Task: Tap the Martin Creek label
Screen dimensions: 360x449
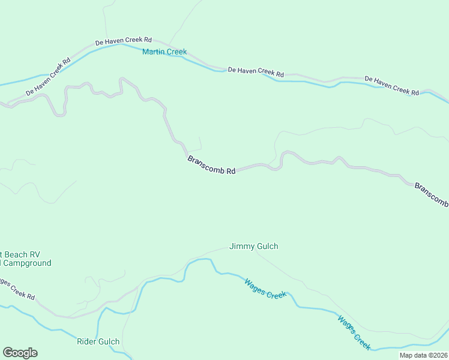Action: (164, 52)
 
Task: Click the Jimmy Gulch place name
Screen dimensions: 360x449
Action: (254, 246)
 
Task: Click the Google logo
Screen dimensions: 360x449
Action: (20, 353)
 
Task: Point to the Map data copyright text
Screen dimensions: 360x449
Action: (423, 355)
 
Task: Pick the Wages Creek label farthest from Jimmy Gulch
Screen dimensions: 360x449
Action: (354, 332)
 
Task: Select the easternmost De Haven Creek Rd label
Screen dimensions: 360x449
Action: (391, 86)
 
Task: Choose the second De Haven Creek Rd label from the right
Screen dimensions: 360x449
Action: (256, 71)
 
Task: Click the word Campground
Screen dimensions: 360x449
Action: (27, 263)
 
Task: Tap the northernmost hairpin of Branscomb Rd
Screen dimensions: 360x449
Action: (122, 79)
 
